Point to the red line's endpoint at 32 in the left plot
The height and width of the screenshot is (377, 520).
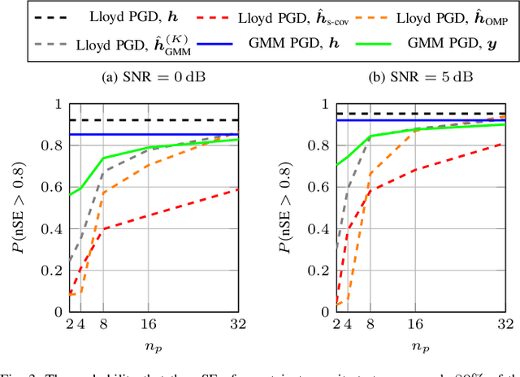tap(237, 189)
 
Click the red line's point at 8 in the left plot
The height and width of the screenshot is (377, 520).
tap(104, 228)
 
